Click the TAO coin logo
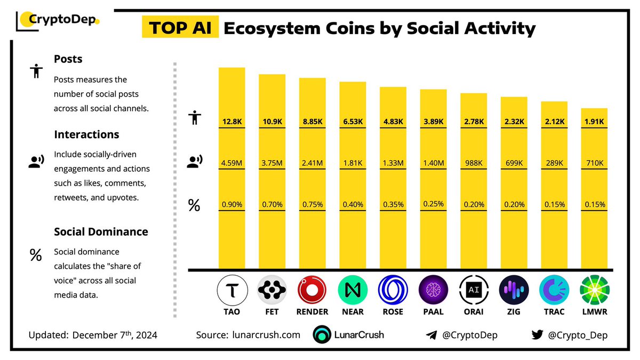[232, 291]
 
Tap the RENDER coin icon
[313, 291]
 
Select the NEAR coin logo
[353, 291]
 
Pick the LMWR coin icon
[594, 291]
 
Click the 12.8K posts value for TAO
[232, 122]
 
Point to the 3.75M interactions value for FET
[272, 163]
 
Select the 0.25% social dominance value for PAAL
[434, 203]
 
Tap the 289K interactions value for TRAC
[554, 163]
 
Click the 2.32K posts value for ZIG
[514, 122]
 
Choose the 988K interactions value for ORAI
[474, 163]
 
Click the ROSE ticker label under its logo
[393, 311]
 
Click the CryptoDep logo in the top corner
[59, 21]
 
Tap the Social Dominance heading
[101, 232]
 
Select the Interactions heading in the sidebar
[86, 134]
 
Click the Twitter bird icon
[537, 335]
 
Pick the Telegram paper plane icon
[431, 335]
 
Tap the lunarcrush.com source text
[267, 335]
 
